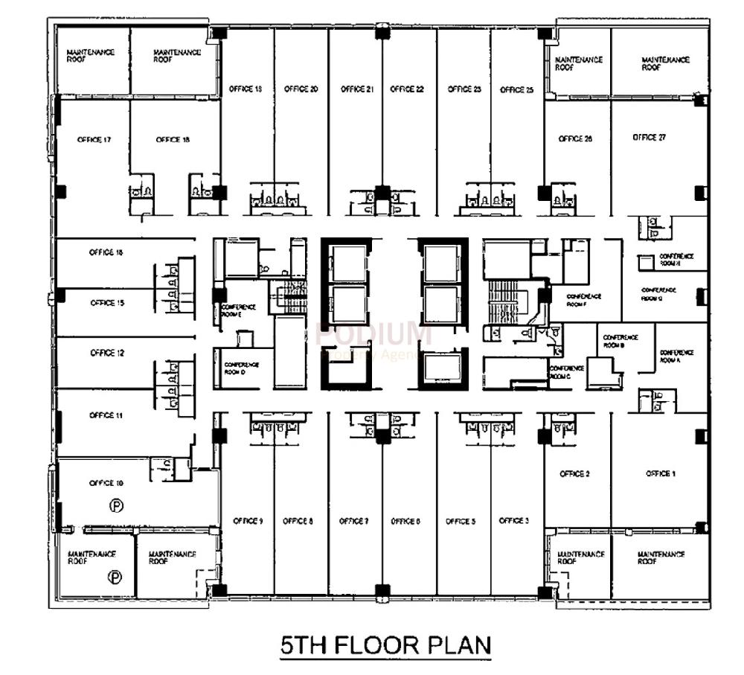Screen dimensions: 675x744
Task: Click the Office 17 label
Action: [94, 139]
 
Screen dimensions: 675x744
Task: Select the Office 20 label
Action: [301, 89]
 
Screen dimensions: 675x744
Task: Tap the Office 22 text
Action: [407, 89]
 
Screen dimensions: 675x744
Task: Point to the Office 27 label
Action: [649, 138]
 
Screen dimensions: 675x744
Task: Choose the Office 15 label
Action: [106, 303]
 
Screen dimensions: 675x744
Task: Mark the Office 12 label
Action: [106, 353]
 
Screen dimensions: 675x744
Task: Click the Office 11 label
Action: [106, 415]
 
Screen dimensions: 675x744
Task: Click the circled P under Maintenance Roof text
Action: [115, 577]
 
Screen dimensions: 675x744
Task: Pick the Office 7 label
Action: [353, 521]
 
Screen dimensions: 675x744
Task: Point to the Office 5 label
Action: [460, 521]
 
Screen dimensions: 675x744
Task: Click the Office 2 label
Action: [574, 474]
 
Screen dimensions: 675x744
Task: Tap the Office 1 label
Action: [661, 474]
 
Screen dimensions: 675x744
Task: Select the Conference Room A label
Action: [676, 356]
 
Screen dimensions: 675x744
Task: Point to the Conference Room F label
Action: [583, 299]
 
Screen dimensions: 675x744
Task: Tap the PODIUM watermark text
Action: [373, 333]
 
